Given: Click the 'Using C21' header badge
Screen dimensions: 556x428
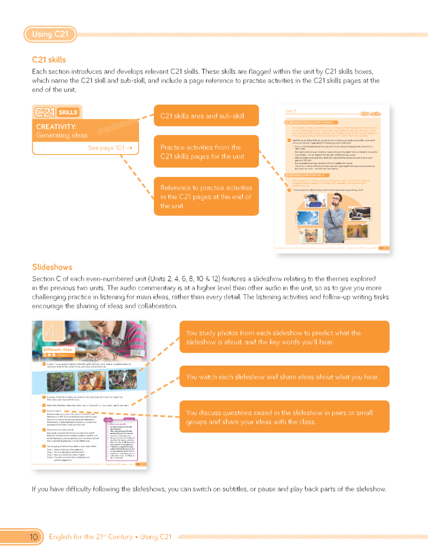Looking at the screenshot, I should (50, 34).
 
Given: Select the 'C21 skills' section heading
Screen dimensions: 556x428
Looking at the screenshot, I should (49, 60).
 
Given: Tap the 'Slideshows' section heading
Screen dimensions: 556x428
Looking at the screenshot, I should (52, 267).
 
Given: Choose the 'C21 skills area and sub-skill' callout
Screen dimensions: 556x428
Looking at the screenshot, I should (206, 116).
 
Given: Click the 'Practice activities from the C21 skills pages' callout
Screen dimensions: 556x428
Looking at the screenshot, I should (206, 152).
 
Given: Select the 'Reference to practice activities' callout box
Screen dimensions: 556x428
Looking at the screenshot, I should (206, 196).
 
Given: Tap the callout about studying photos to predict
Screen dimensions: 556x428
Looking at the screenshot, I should (284, 337).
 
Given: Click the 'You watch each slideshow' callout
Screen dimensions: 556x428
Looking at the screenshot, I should (284, 377).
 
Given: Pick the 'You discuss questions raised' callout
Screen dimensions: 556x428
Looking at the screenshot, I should (284, 417).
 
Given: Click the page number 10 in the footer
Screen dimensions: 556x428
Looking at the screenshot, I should (33, 537).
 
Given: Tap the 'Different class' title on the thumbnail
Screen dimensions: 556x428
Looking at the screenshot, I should (57, 350).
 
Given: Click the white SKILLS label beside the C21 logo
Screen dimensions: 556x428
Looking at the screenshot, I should (68, 112).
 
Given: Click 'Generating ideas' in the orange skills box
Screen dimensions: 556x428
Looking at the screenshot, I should (62, 135).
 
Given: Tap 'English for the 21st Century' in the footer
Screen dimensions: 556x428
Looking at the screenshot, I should (91, 537).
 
